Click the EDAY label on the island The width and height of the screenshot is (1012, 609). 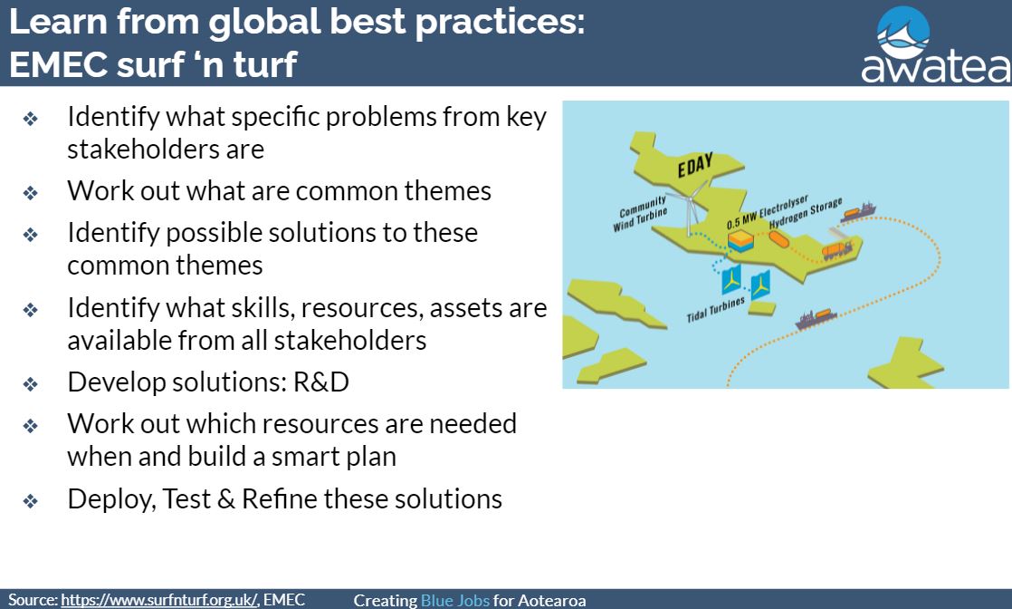pyautogui.click(x=695, y=165)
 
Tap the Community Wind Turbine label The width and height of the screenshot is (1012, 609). pyautogui.click(x=640, y=213)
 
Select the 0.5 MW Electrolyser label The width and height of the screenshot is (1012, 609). pyautogui.click(x=767, y=211)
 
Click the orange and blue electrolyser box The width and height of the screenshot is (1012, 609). pyautogui.click(x=740, y=242)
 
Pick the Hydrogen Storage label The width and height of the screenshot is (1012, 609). pyautogui.click(x=806, y=212)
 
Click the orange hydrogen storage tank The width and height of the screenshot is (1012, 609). pyautogui.click(x=778, y=238)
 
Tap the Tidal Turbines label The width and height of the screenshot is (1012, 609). pyautogui.click(x=715, y=309)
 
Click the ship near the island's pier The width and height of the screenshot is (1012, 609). pyautogui.click(x=858, y=212)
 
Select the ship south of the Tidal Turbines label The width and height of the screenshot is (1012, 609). pyautogui.click(x=816, y=318)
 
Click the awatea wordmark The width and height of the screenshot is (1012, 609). pyautogui.click(x=936, y=66)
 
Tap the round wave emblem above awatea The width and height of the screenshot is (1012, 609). pyautogui.click(x=903, y=32)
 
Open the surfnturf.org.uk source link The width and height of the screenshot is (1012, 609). pyautogui.click(x=159, y=600)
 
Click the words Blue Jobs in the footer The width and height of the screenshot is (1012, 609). pyautogui.click(x=455, y=601)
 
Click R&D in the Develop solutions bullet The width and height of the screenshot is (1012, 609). pyautogui.click(x=320, y=382)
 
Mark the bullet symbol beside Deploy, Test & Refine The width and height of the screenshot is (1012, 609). pyautogui.click(x=31, y=501)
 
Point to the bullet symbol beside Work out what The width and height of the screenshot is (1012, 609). pyautogui.click(x=31, y=193)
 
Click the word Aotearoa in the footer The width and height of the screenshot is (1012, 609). pyautogui.click(x=552, y=601)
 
